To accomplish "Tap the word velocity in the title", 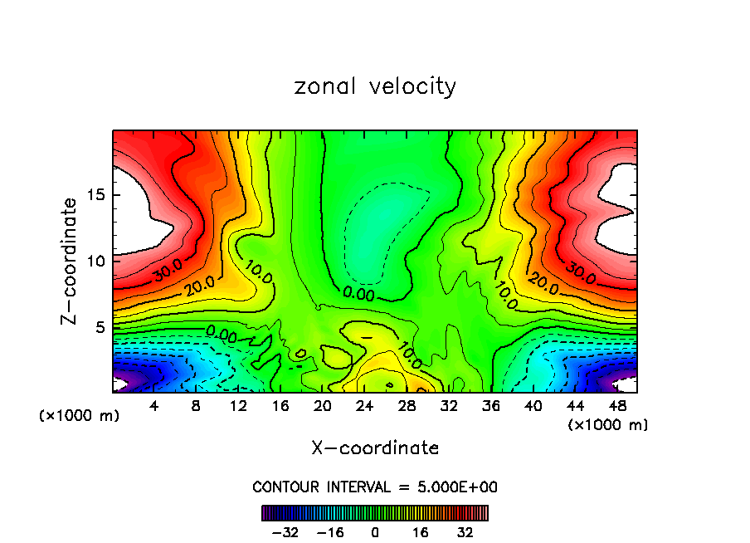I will [x=412, y=86].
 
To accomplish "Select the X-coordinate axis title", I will [x=375, y=448].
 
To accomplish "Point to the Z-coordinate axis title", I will [x=70, y=261].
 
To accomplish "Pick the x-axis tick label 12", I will [x=238, y=406].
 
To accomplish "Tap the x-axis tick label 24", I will [x=364, y=406].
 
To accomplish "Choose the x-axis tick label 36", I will [x=490, y=406].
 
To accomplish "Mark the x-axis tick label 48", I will [x=616, y=406].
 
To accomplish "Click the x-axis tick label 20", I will [x=322, y=406].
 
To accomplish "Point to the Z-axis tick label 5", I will [x=96, y=327].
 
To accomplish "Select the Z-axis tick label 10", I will [x=92, y=262].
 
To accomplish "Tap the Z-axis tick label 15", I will [x=92, y=196].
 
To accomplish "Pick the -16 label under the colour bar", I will [x=330, y=531].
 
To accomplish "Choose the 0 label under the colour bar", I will [x=375, y=531].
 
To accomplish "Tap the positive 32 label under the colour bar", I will [x=465, y=531].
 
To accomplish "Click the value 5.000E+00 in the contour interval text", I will [x=453, y=487].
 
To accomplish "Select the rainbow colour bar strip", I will [x=375, y=512].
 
